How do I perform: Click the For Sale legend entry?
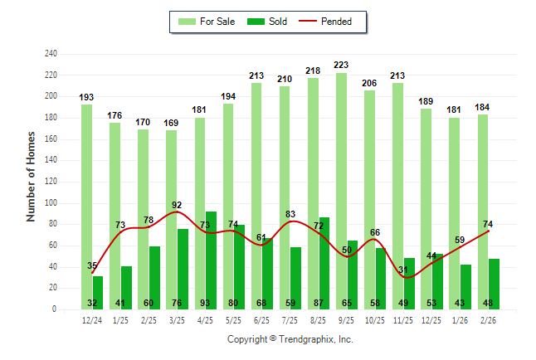click(x=209, y=22)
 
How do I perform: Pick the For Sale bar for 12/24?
click(x=86, y=207)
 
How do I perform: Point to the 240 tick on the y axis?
click(x=51, y=54)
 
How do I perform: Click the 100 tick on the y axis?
click(x=51, y=203)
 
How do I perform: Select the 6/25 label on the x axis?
click(x=261, y=320)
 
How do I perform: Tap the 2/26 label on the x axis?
click(x=487, y=320)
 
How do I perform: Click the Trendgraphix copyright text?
click(x=290, y=339)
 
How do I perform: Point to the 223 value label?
click(x=341, y=65)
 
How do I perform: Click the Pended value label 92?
click(x=177, y=205)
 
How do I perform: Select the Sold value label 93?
click(x=211, y=303)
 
